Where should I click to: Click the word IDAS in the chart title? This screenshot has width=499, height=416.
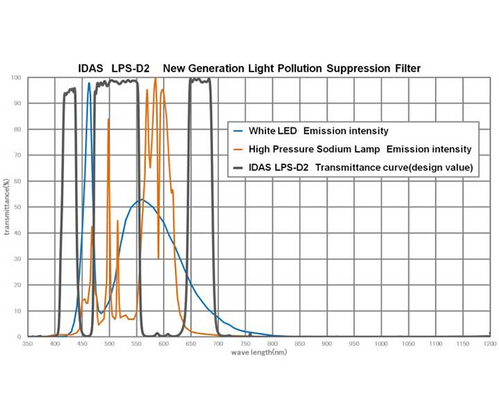pos(91,68)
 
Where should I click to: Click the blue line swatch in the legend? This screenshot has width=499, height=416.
pos(240,130)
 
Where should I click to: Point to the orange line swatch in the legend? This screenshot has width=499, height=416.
pos(240,149)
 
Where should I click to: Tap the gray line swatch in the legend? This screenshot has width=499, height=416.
pos(240,167)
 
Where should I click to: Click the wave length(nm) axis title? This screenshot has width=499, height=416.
pos(259,352)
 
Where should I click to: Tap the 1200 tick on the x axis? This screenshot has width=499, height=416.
pos(490,344)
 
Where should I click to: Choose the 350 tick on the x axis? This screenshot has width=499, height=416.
pos(28,344)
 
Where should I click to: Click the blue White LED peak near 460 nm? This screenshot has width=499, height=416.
pos(89,83)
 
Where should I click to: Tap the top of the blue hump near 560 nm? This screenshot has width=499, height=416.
pos(142,200)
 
